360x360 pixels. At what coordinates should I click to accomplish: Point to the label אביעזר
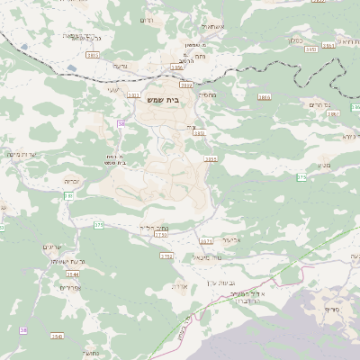234,241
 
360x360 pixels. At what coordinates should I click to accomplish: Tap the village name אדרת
178,285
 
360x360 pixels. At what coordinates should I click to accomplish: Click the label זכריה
72,182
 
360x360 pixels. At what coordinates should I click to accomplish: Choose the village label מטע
325,166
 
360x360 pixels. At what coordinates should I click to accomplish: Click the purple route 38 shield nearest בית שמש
120,123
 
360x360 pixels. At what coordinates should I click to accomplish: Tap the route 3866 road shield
263,96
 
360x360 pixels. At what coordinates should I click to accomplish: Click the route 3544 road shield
72,274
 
